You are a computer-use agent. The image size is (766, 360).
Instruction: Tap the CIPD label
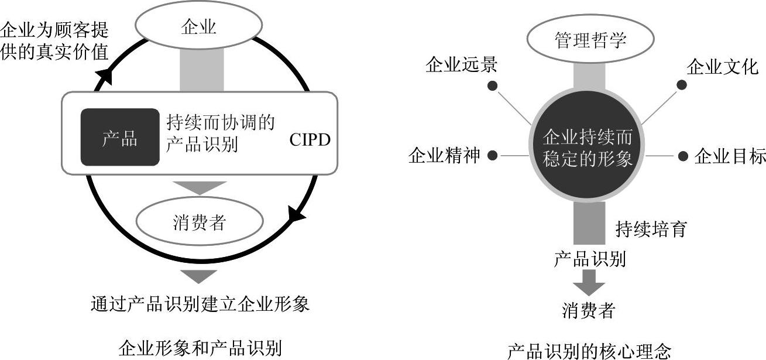tap(310, 140)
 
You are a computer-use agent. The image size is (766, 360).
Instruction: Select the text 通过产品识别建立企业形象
tap(200, 304)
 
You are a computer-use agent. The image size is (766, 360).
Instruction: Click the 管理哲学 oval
tap(590, 40)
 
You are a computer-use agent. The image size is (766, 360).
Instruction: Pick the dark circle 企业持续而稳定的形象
tap(588, 148)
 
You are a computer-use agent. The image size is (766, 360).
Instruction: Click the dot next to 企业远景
tap(493, 85)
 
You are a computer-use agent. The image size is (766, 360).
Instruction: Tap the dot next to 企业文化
tap(682, 85)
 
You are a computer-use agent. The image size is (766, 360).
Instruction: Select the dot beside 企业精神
tap(493, 156)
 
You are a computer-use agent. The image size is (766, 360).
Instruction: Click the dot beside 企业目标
tap(683, 156)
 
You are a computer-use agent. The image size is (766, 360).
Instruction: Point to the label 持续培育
tap(650, 229)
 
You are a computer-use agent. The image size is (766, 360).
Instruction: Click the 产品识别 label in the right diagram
tap(589, 259)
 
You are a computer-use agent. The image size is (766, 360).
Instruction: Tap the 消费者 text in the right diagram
tap(589, 310)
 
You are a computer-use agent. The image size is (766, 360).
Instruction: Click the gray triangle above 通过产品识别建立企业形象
tap(199, 276)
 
